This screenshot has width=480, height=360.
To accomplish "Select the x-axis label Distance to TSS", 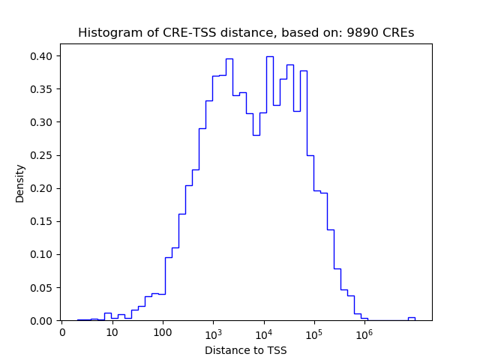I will (x=246, y=349).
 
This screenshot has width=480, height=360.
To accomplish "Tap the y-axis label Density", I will (x=19, y=183).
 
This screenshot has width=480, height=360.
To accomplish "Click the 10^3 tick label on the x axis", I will (x=213, y=332).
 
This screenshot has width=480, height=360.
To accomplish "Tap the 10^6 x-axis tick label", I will (x=364, y=332).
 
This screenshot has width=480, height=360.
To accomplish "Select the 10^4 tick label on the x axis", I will (x=263, y=332).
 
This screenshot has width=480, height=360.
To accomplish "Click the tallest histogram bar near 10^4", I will (x=269, y=187).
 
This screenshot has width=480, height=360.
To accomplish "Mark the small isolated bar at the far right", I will (x=411, y=319).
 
